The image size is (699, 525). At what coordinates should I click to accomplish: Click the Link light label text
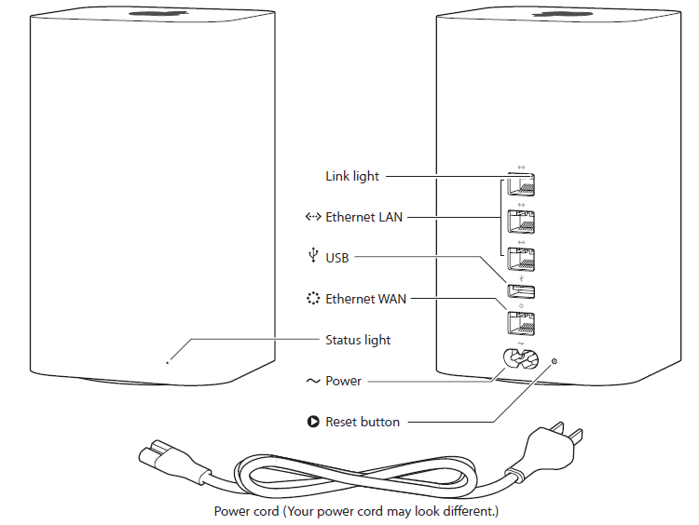point(353,175)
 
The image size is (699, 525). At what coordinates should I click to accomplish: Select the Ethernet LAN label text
point(365,217)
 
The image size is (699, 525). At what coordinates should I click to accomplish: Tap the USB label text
point(338,258)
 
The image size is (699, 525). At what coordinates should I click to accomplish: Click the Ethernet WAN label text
point(366,299)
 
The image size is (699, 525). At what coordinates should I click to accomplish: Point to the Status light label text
point(358,340)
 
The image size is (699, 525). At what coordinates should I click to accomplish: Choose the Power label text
point(343,381)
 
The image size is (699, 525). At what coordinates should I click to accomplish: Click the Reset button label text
point(363,422)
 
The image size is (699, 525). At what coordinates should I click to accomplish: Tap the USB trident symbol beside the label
point(313,256)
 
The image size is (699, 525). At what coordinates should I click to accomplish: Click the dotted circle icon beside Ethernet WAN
point(312,299)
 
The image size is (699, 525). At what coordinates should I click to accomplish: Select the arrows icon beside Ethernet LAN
point(312,217)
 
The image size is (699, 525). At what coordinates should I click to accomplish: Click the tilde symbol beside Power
point(312,381)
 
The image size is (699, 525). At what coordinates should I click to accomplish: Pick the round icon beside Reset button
point(312,422)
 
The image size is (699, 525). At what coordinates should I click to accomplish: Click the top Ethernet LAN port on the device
point(520,185)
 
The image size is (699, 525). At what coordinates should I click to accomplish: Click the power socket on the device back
point(521,359)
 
